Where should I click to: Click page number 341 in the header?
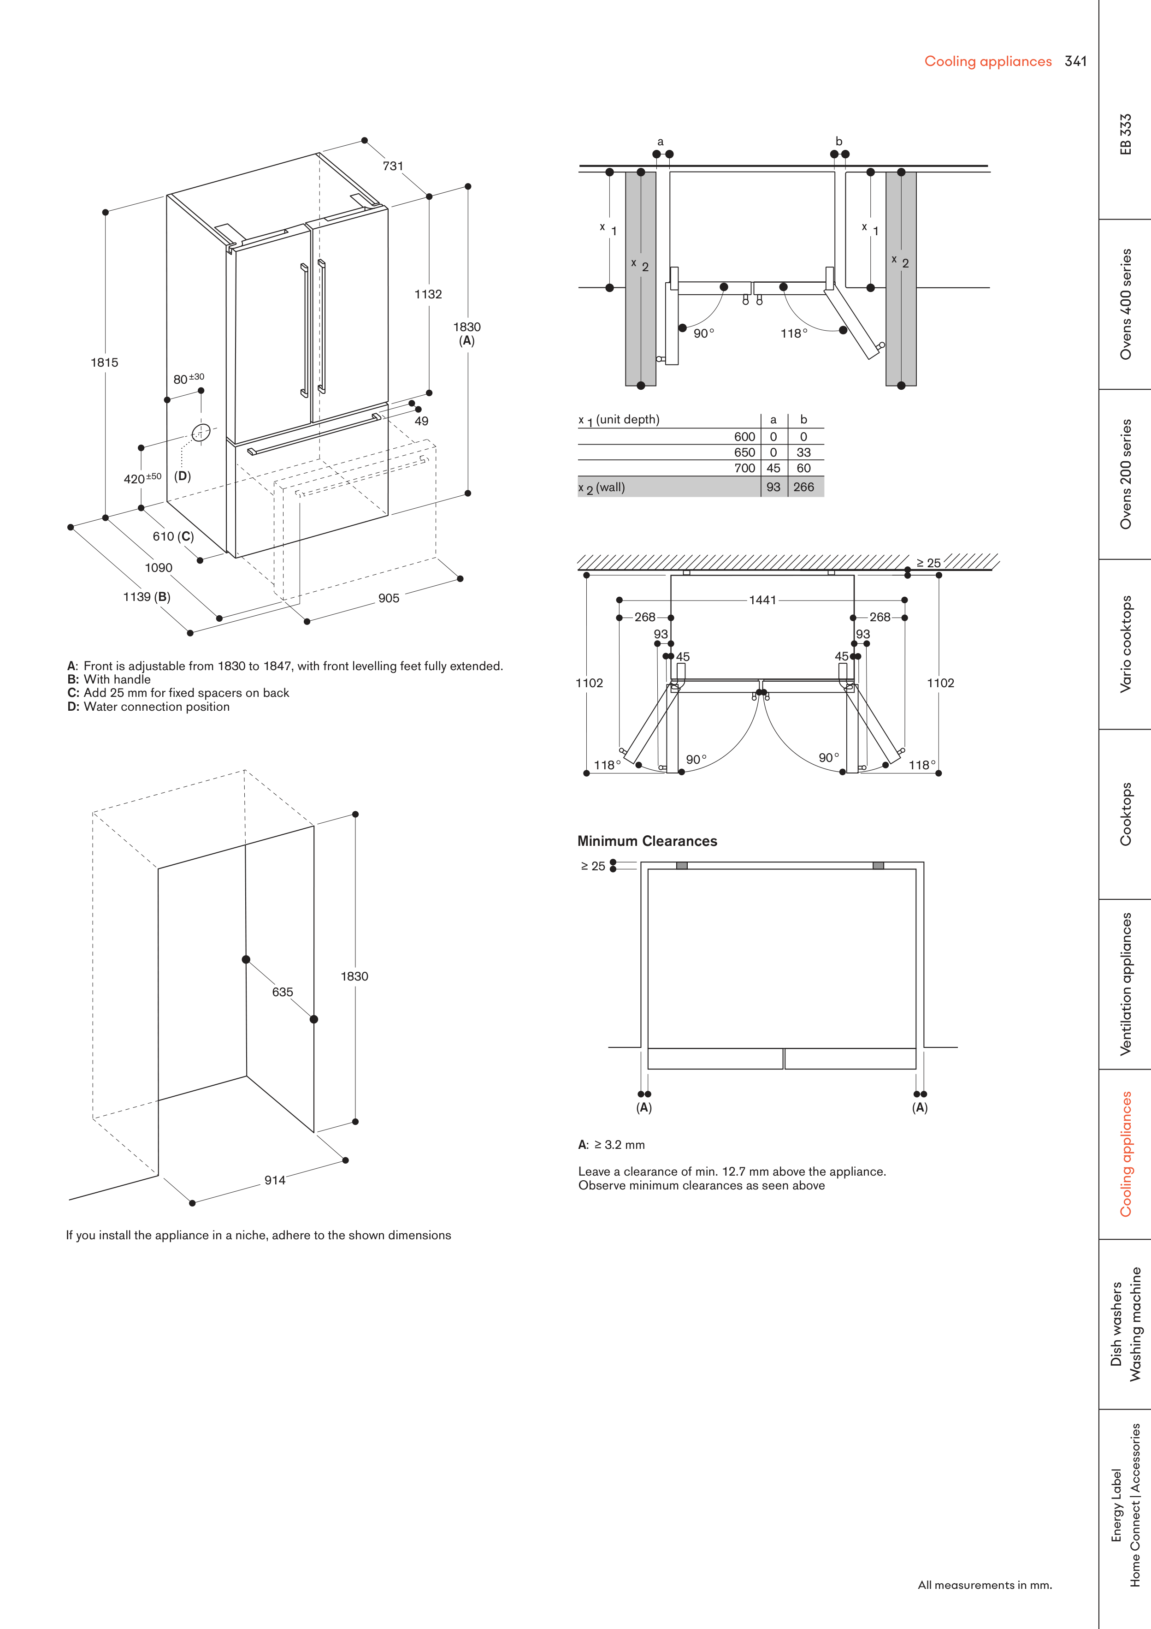click(1075, 62)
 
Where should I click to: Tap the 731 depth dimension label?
click(393, 166)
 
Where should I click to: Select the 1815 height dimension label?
click(104, 363)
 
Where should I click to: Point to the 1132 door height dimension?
click(428, 294)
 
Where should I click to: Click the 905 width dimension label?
click(389, 598)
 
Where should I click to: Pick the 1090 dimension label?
click(159, 568)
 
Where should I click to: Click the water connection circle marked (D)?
click(201, 432)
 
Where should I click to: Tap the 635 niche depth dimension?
click(282, 992)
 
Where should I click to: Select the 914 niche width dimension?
click(275, 1180)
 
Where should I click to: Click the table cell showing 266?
click(803, 487)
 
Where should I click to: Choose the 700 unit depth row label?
click(744, 468)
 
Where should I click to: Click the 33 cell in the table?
click(803, 452)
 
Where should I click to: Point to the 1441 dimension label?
click(762, 600)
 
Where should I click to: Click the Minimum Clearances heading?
click(647, 841)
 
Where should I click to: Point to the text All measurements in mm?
click(984, 1585)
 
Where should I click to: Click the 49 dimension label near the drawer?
click(421, 421)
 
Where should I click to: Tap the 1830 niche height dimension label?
click(354, 976)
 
